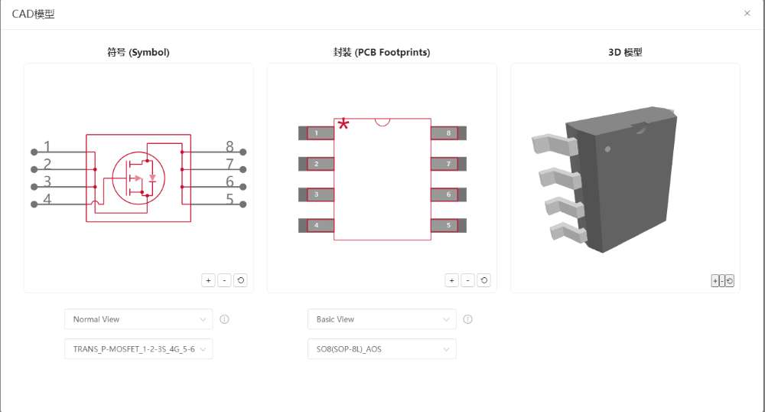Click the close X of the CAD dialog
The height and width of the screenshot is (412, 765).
(747, 13)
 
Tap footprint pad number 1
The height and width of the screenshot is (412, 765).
(316, 132)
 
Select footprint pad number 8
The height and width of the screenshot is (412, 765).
(448, 132)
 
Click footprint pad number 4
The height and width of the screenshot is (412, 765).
(316, 225)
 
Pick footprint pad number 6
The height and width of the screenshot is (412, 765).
(448, 195)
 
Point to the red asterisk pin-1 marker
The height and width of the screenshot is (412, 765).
(343, 124)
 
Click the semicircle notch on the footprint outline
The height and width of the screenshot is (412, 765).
(382, 122)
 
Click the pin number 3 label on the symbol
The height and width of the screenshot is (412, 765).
(47, 181)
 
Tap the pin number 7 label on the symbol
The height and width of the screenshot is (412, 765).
(229, 164)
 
